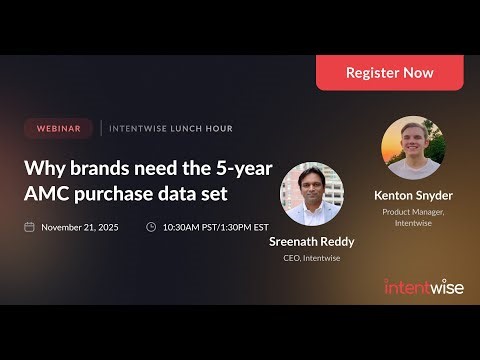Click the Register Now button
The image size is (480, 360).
pyautogui.click(x=390, y=73)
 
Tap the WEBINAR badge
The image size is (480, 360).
pyautogui.click(x=59, y=128)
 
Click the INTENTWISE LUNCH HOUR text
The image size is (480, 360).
pyautogui.click(x=171, y=128)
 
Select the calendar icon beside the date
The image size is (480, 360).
pyautogui.click(x=29, y=227)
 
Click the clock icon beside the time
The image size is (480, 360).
pyautogui.click(x=151, y=227)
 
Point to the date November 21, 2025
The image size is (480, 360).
pyautogui.click(x=79, y=227)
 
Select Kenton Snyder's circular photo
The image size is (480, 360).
pyautogui.click(x=413, y=148)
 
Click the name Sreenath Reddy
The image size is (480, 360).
pyautogui.click(x=312, y=241)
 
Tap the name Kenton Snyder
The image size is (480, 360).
pyautogui.click(x=413, y=194)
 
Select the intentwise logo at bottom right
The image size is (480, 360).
pyautogui.click(x=424, y=287)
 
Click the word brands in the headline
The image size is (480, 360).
pyautogui.click(x=94, y=165)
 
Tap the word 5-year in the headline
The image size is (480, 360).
pyautogui.click(x=246, y=165)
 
